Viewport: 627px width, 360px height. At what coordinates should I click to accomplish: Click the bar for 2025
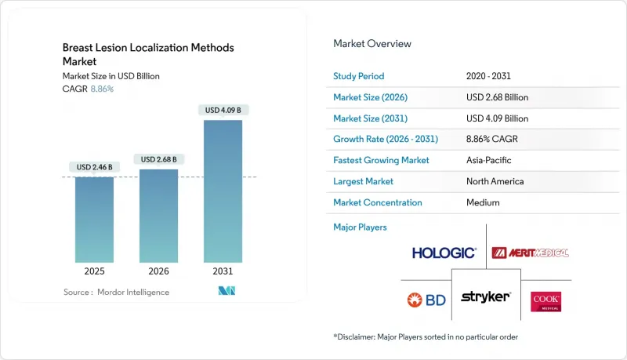pos(95,220)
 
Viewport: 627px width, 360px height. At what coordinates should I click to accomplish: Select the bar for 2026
pos(158,216)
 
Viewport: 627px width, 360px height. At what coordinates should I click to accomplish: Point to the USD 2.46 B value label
pos(95,167)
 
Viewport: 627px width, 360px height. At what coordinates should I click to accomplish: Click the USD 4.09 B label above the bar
pos(223,111)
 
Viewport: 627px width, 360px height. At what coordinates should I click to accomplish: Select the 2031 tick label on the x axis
pos(223,271)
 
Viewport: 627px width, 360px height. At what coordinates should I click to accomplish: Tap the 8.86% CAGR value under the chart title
pos(101,89)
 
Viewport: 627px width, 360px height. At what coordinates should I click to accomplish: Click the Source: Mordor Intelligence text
pos(116,292)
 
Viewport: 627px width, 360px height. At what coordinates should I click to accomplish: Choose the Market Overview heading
pos(372,44)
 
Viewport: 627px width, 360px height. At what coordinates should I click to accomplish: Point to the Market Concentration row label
pos(378,202)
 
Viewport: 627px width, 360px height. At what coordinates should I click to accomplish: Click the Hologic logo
pos(444,253)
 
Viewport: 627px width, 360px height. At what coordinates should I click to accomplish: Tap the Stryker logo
pos(486,297)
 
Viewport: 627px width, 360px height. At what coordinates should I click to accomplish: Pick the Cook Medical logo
pos(545,301)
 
